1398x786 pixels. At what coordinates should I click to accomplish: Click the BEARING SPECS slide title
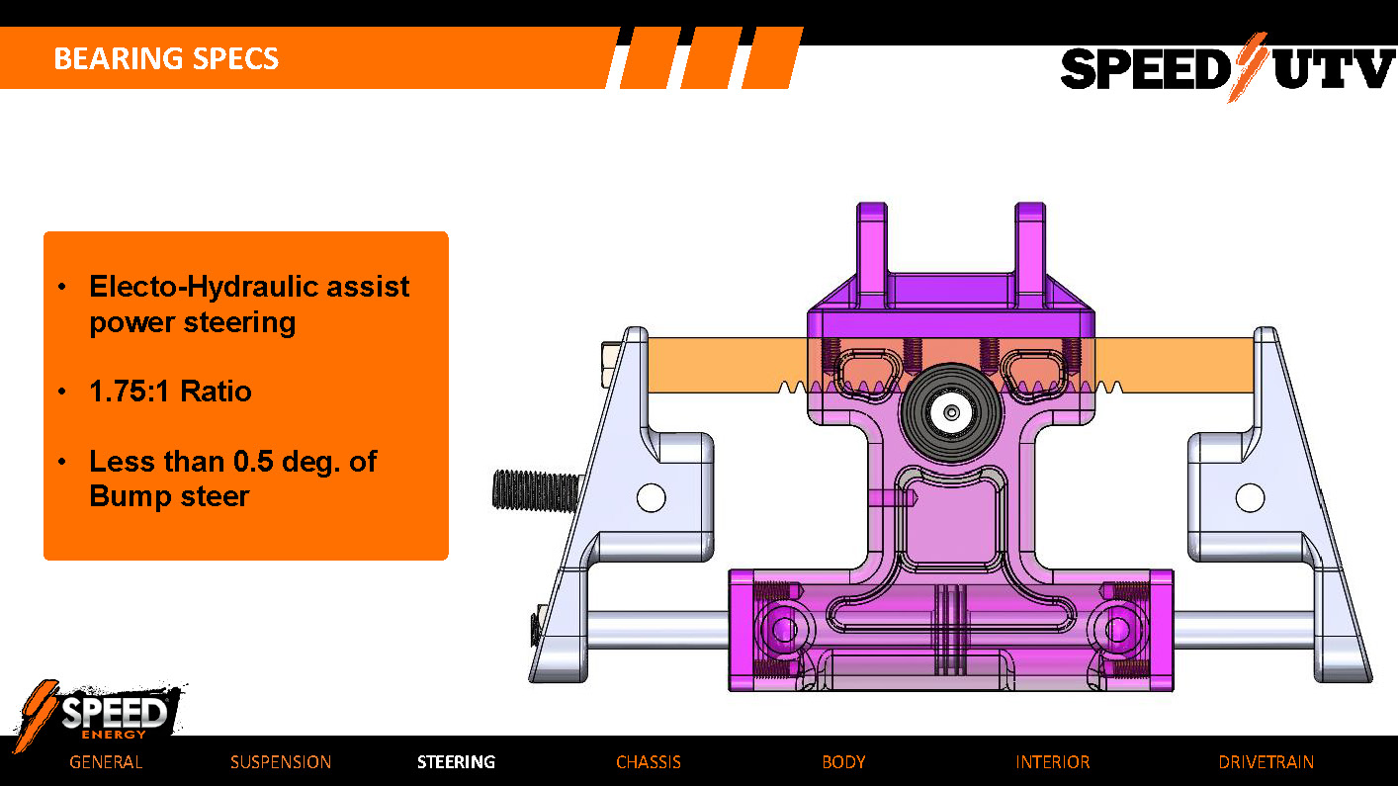pyautogui.click(x=166, y=58)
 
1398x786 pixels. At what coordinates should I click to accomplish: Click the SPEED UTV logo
pyautogui.click(x=1226, y=68)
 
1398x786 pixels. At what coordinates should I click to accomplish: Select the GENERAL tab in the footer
pyautogui.click(x=106, y=762)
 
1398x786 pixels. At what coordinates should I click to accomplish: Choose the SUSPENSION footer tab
pyautogui.click(x=281, y=762)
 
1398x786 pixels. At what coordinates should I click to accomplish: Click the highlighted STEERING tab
pyautogui.click(x=456, y=762)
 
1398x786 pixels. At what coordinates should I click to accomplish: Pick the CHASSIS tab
pyautogui.click(x=648, y=762)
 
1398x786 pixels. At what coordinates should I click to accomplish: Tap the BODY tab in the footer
pyautogui.click(x=843, y=762)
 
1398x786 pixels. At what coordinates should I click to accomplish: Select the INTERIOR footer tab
pyautogui.click(x=1052, y=762)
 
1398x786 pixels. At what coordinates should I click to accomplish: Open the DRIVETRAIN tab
pyautogui.click(x=1266, y=762)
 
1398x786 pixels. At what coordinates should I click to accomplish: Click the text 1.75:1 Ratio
pyautogui.click(x=170, y=392)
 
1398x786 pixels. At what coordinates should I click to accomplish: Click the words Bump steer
pyautogui.click(x=169, y=496)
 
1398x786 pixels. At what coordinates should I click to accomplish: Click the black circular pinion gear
pyautogui.click(x=950, y=412)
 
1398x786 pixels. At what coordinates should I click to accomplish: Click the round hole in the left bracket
pyautogui.click(x=651, y=497)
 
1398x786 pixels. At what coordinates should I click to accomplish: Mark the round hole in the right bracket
pyautogui.click(x=1250, y=497)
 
